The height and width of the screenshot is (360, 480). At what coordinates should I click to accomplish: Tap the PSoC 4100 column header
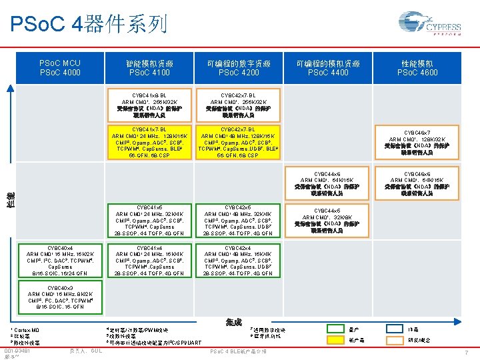(150, 68)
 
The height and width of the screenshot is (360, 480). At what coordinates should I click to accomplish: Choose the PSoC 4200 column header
(239, 68)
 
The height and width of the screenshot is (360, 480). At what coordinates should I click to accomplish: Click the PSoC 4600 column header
(418, 68)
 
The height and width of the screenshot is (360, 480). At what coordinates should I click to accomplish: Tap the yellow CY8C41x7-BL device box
(150, 142)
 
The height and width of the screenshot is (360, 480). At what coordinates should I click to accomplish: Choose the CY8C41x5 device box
(150, 220)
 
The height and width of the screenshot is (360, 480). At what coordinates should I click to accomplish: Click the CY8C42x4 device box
(239, 260)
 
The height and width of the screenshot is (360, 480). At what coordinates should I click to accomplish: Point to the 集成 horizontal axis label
(234, 321)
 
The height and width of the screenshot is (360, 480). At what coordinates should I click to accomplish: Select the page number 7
(467, 351)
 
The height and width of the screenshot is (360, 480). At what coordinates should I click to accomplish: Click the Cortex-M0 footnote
(26, 330)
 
